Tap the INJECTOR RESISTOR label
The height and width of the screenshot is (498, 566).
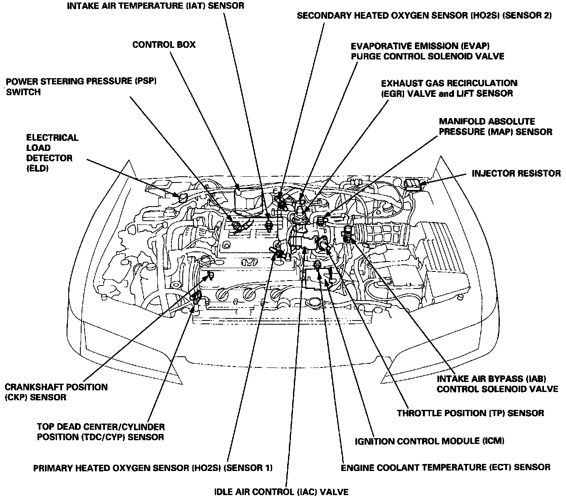(x=516, y=173)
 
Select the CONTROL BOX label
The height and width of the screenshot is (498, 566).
(x=164, y=44)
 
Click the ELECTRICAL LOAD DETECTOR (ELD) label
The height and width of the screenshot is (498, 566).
(x=52, y=153)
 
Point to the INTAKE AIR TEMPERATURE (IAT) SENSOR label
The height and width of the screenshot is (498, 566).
(x=155, y=6)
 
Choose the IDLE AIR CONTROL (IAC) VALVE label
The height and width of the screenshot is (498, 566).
(x=281, y=492)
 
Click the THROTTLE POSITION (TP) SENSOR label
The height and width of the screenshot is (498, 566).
(x=470, y=413)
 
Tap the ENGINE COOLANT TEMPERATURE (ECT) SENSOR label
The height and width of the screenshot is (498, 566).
(x=445, y=467)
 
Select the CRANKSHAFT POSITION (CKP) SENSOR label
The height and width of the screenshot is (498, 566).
(x=56, y=392)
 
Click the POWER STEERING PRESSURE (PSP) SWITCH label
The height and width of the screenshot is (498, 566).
(x=81, y=86)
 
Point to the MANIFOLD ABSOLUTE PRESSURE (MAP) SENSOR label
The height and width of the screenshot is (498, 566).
(x=495, y=127)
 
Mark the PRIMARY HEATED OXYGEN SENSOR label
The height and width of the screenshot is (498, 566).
(x=153, y=468)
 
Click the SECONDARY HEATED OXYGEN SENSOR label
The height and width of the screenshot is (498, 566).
(x=424, y=16)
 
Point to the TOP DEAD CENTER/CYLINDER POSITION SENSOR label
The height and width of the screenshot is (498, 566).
(x=100, y=431)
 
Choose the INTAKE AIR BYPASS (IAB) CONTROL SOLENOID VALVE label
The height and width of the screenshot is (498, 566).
(x=497, y=384)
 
